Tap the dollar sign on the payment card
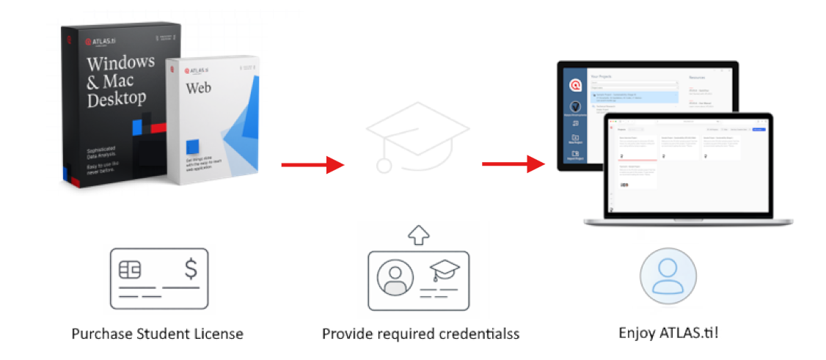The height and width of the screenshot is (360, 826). (191, 269)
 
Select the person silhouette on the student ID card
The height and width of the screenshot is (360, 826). (395, 276)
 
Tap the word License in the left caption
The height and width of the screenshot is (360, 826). (218, 334)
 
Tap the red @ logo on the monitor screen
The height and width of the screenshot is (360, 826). (575, 86)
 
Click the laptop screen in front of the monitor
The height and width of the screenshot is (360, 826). (690, 169)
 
